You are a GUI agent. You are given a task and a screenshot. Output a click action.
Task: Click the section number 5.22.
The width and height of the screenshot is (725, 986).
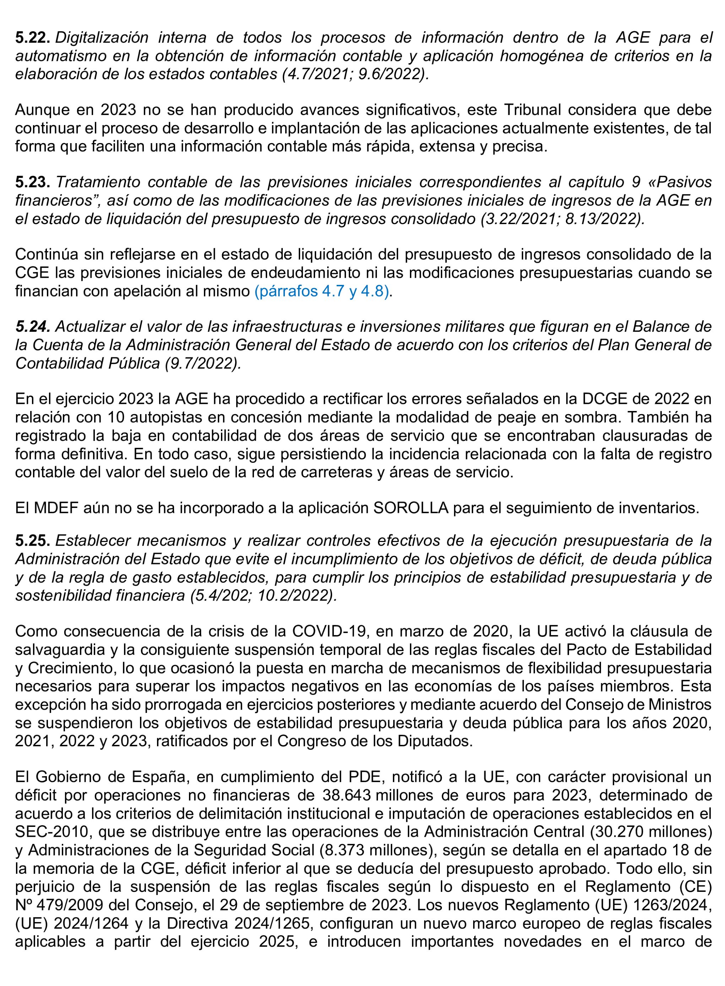32,38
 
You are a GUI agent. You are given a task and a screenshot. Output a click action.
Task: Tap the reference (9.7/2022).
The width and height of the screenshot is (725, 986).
203,363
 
